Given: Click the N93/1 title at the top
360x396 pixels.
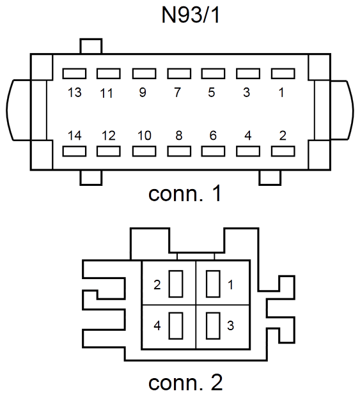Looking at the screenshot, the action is coord(191,15).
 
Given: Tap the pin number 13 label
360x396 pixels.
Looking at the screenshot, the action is coord(75,93).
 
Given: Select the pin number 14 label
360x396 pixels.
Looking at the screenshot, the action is coord(75,135).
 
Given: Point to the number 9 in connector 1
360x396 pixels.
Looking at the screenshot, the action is coord(143,93).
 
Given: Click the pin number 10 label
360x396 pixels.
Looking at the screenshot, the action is coord(145,135).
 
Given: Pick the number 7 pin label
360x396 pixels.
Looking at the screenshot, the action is coord(178,93).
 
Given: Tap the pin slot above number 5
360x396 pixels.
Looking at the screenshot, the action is coord(213,73).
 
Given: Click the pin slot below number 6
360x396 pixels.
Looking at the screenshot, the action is coord(213,151).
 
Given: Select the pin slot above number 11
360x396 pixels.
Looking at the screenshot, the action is coord(109,73).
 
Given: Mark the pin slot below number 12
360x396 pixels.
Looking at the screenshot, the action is coord(109,151).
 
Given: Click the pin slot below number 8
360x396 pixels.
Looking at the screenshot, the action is coord(179,151).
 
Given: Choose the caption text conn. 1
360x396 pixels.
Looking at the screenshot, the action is coord(185,194).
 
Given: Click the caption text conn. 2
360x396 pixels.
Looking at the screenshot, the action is coord(185,383).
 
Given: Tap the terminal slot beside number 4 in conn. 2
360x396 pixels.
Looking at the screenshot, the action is coord(176,326).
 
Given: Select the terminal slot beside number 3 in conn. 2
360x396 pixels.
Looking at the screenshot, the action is coord(213,326).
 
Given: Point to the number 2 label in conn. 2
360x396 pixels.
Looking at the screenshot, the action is coord(157,285).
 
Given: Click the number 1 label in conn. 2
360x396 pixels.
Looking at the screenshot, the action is coord(230,285).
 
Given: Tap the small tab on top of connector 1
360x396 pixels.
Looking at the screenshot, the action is coord(91,46).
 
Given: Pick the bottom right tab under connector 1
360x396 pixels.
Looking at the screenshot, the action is coord(270,178).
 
